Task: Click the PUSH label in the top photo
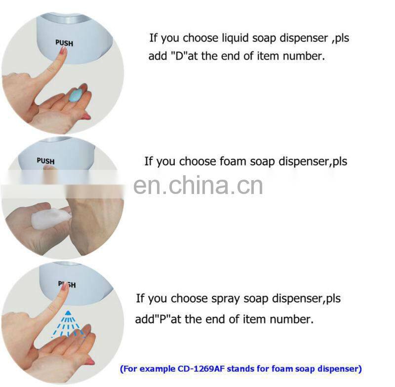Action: point(64,43)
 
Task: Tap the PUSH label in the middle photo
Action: point(45,161)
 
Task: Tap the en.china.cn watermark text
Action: point(197,186)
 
